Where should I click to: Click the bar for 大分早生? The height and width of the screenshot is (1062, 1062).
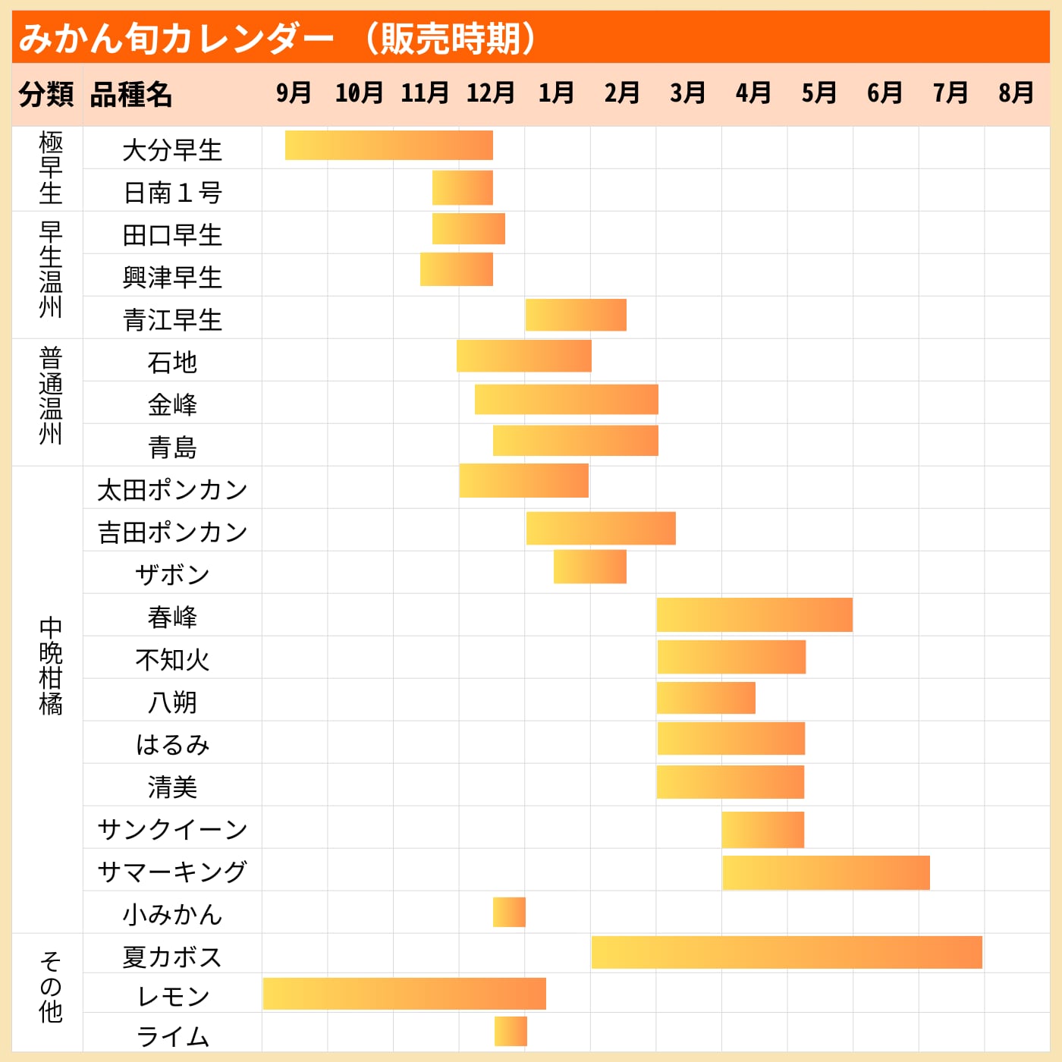pyautogui.click(x=388, y=146)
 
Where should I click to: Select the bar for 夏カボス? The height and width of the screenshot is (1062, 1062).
pyautogui.click(x=786, y=953)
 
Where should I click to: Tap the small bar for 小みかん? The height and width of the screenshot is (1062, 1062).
pyautogui.click(x=509, y=912)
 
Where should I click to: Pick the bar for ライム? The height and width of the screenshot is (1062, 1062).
pyautogui.click(x=511, y=1032)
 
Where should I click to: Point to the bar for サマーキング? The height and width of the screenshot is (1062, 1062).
pyautogui.click(x=825, y=872)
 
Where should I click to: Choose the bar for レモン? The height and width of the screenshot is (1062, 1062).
pyautogui.click(x=404, y=994)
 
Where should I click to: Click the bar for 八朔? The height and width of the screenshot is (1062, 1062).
pyautogui.click(x=705, y=698)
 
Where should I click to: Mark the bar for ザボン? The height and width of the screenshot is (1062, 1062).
pyautogui.click(x=589, y=567)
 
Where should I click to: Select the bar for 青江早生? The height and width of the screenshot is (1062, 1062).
pyautogui.click(x=576, y=315)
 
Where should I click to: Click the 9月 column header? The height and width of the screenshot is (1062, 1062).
pyautogui.click(x=294, y=93)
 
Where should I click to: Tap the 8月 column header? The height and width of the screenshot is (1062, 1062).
pyautogui.click(x=1016, y=93)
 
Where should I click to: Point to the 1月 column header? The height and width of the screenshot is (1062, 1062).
pyautogui.click(x=556, y=93)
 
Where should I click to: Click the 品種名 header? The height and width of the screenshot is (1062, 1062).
pyautogui.click(x=131, y=95)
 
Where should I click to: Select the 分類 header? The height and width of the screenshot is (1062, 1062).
pyautogui.click(x=46, y=95)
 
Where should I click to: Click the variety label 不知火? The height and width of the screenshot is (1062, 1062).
pyautogui.click(x=172, y=660)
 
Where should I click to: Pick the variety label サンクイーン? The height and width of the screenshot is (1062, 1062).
pyautogui.click(x=172, y=829)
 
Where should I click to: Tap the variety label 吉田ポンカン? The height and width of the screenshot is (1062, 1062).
pyautogui.click(x=172, y=533)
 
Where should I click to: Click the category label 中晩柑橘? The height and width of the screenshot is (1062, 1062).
pyautogui.click(x=50, y=666)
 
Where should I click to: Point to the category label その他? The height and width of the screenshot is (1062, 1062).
pyautogui.click(x=50, y=986)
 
